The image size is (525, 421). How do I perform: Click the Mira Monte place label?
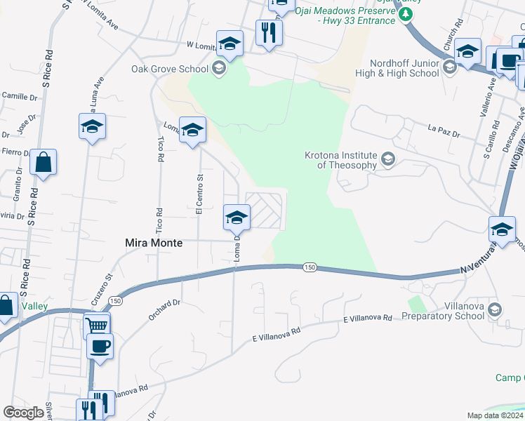point(153,243)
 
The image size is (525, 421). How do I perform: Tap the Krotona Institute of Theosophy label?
point(341,160)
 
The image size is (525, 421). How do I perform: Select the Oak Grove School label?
point(170,69)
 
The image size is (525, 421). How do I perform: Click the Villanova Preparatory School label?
point(443,311)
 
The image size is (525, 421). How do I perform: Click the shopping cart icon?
point(97,325)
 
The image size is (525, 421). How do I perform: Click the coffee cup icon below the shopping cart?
point(100,345)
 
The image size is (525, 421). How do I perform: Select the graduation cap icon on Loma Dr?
point(237,217)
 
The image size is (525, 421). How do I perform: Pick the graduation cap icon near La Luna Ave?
point(92,127)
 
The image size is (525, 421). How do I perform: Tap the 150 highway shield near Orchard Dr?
point(116,300)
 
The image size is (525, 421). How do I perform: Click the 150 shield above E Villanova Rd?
point(309,267)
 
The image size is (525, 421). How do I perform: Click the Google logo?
point(24,413)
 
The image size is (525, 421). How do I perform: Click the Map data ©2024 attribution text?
point(495,415)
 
